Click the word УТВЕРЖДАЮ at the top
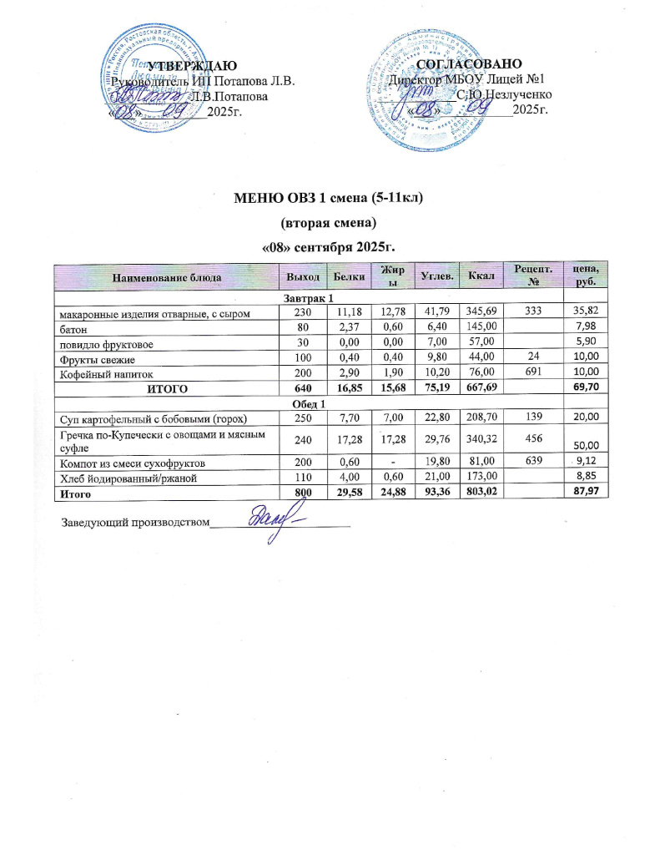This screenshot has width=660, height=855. (x=193, y=66)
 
